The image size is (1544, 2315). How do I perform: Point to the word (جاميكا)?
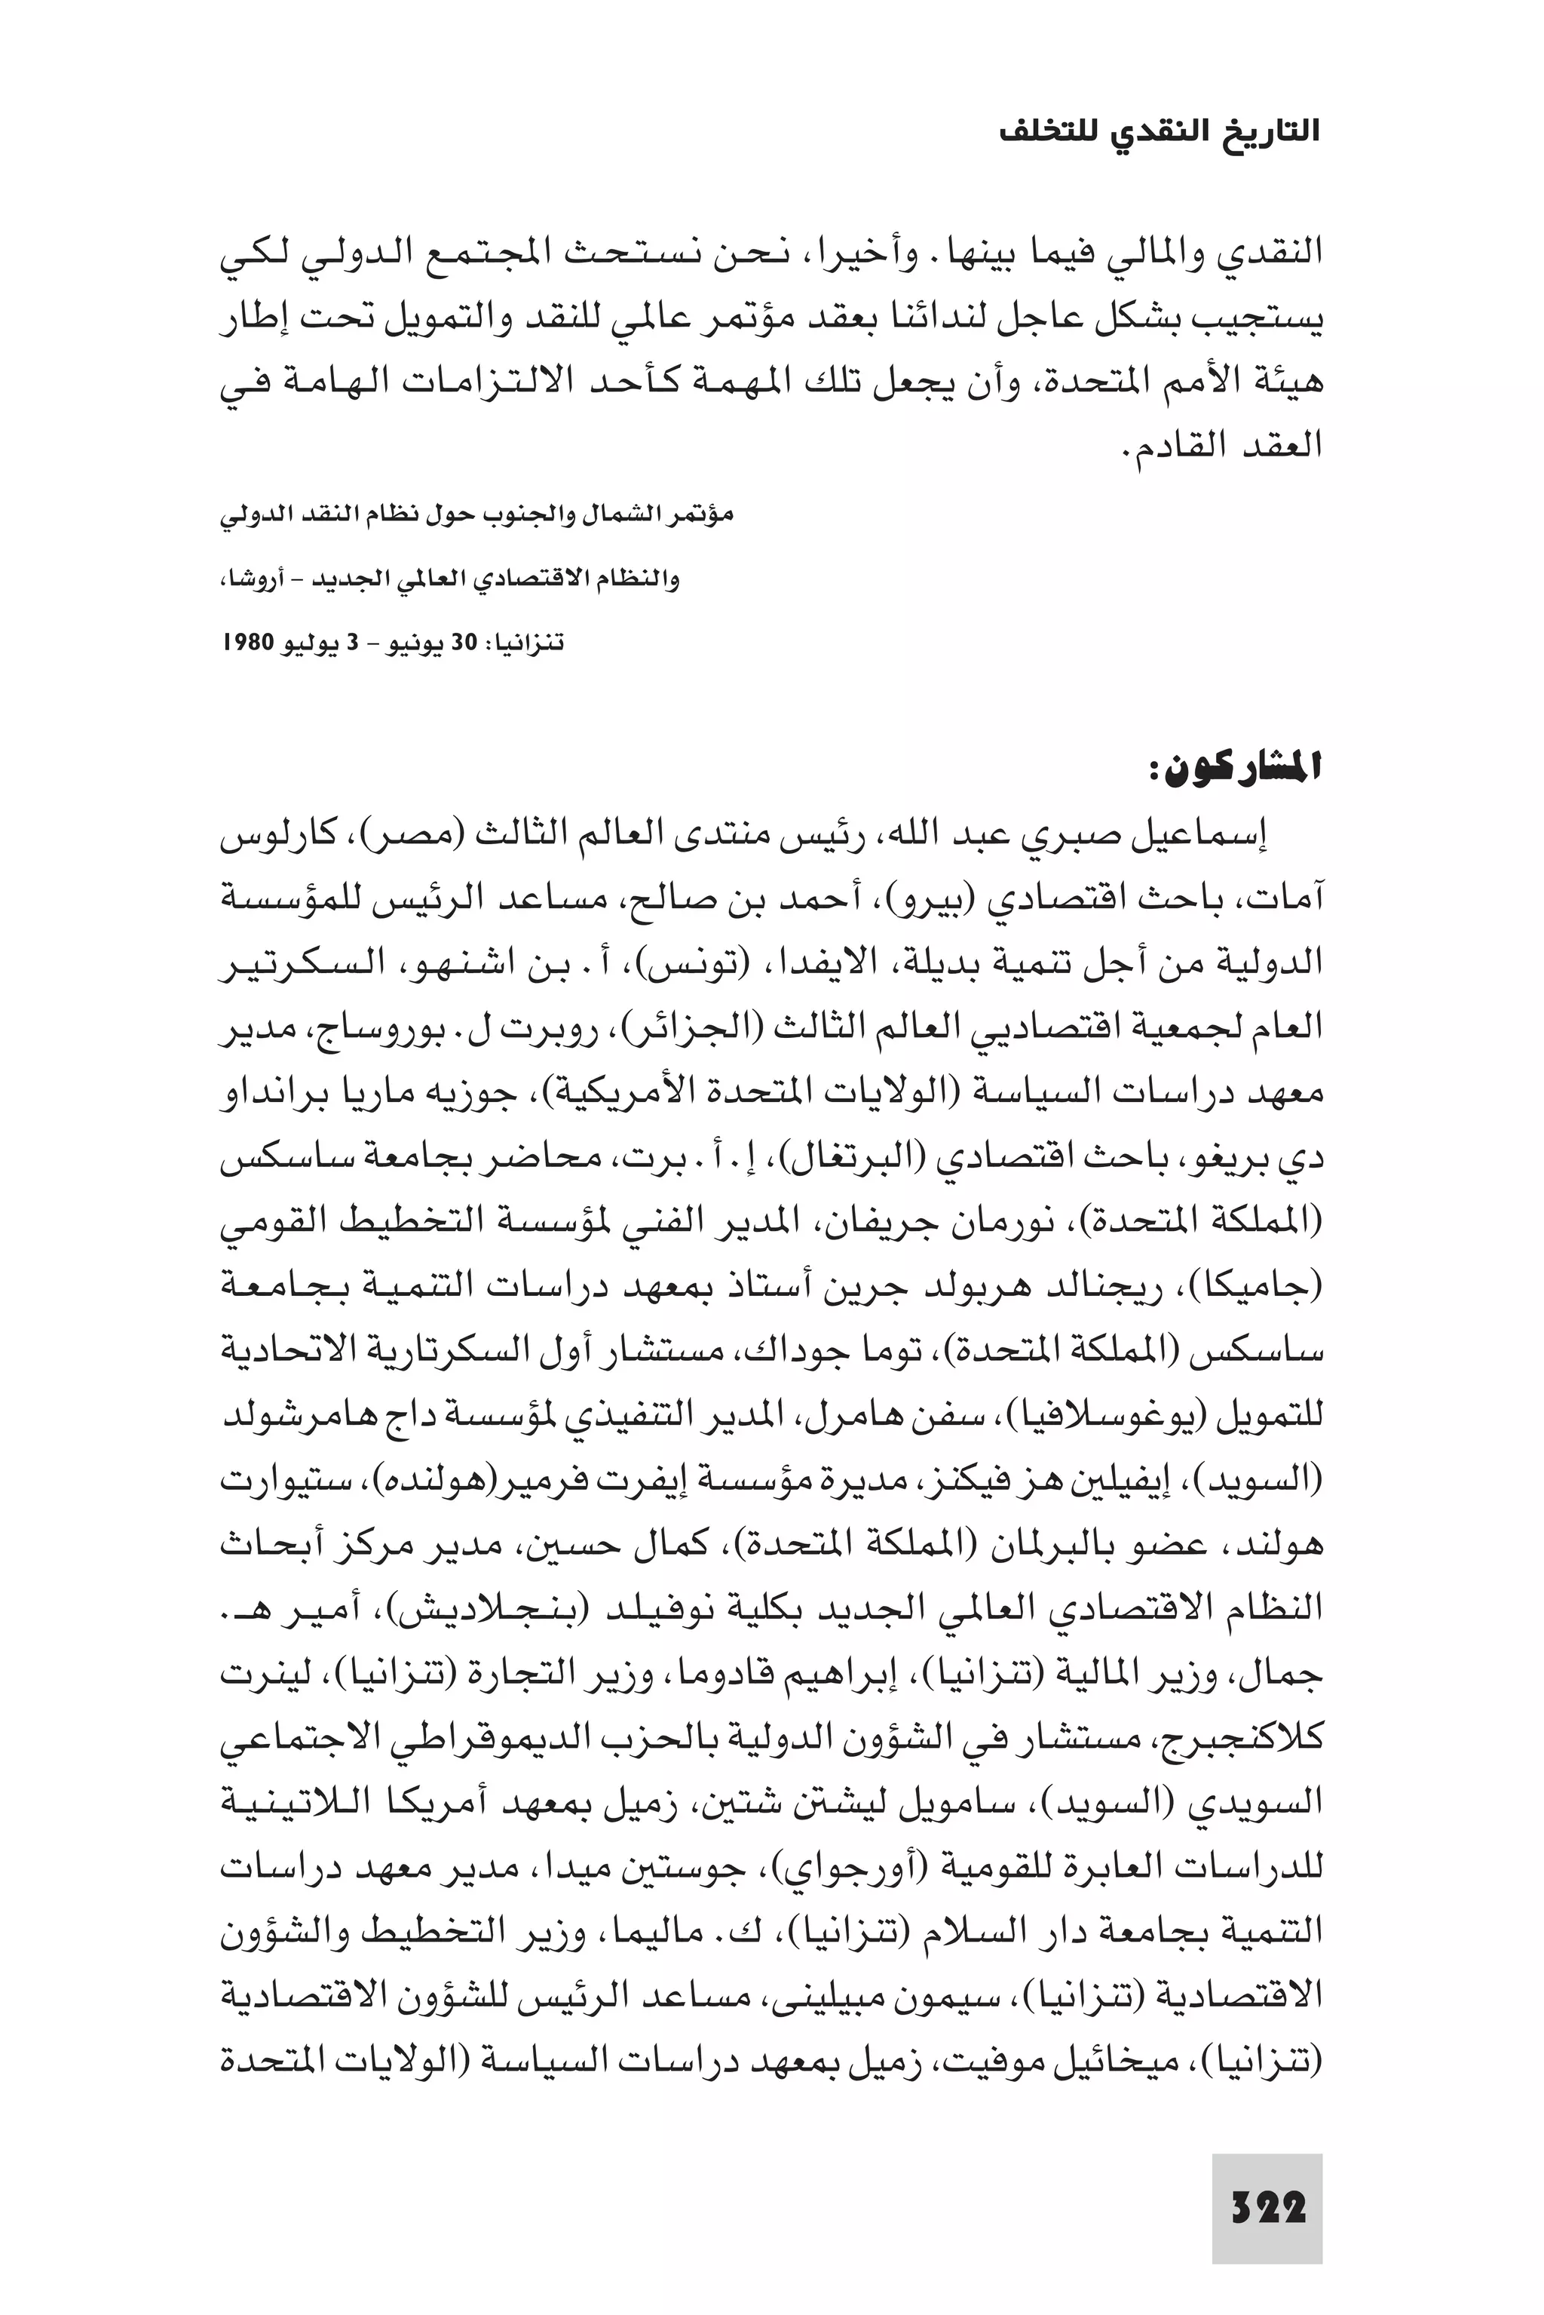(x=1267, y=1285)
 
